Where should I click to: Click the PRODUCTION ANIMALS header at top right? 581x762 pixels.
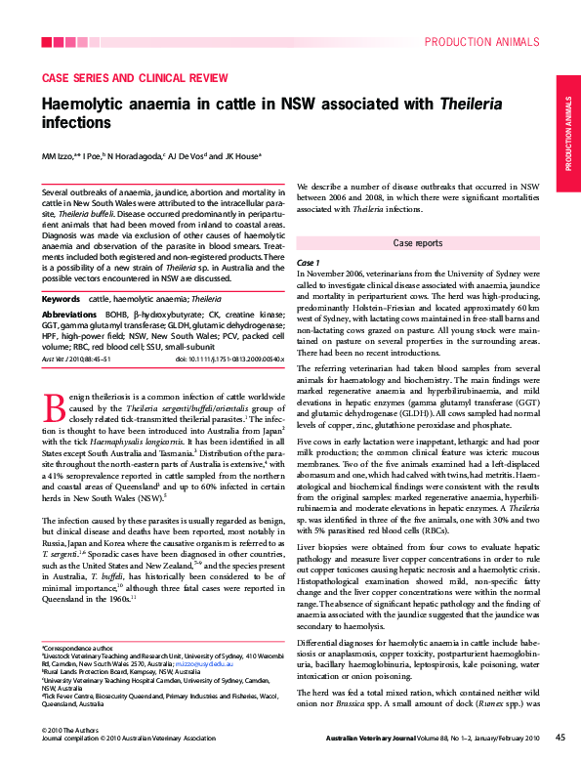(x=481, y=42)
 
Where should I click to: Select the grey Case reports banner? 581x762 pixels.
(x=418, y=242)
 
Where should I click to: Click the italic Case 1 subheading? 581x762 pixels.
(x=308, y=263)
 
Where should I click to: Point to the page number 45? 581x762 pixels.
(x=560, y=737)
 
